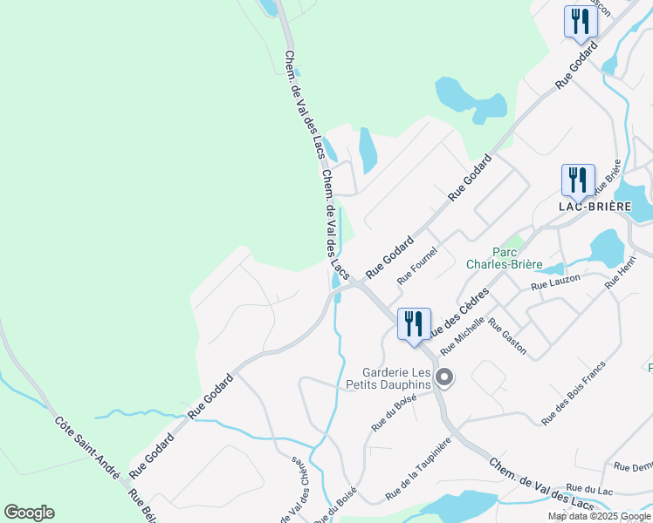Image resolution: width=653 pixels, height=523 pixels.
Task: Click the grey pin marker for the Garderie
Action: click(444, 377)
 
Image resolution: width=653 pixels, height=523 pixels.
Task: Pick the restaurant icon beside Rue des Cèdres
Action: click(413, 323)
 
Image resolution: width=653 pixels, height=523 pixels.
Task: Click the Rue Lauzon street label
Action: click(554, 284)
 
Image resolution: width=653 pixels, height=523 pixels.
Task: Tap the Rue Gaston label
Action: click(507, 336)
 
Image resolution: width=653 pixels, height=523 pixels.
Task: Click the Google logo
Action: click(29, 513)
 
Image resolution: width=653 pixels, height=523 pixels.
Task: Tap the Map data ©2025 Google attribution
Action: click(600, 516)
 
